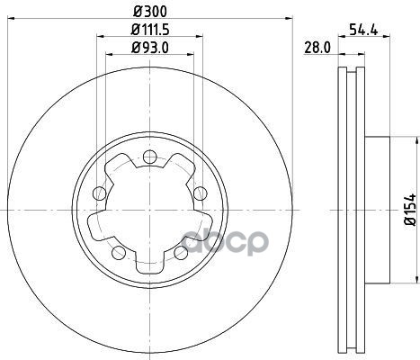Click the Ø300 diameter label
(x=150, y=12)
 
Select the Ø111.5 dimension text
(x=150, y=30)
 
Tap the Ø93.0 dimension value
(x=150, y=48)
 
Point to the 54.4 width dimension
(x=363, y=30)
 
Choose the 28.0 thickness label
(x=317, y=48)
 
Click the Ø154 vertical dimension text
(x=410, y=210)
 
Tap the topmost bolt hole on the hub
(x=150, y=157)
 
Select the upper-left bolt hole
(x=100, y=193)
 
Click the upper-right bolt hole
(x=200, y=193)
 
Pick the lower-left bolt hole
(x=119, y=252)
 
